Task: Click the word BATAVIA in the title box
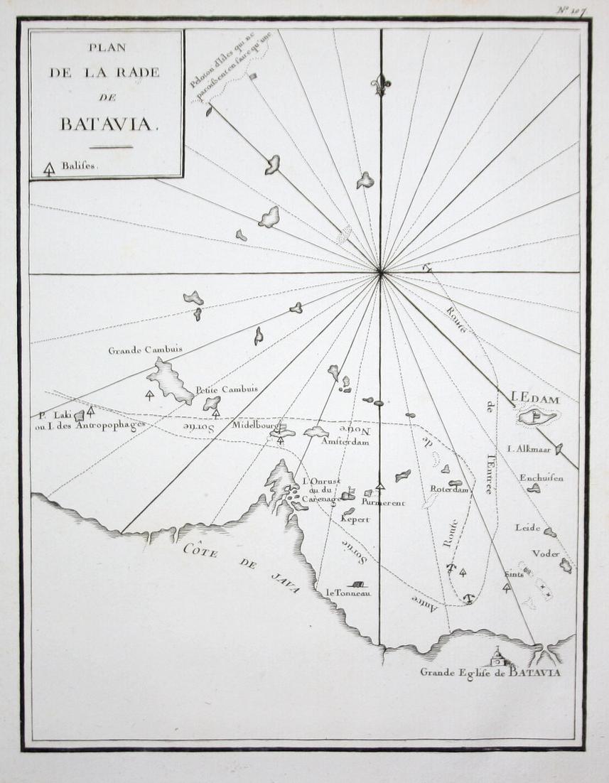click(x=107, y=124)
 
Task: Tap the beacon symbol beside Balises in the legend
click(x=49, y=169)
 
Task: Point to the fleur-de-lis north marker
click(x=381, y=85)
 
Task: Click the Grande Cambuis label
click(x=145, y=350)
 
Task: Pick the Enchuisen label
click(x=541, y=478)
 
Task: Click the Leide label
click(x=527, y=528)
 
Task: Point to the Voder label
click(x=546, y=553)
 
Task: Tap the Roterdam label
click(x=450, y=489)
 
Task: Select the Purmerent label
click(x=383, y=503)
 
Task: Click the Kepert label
click(x=355, y=519)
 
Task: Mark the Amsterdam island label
click(x=345, y=441)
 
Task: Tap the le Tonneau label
click(x=347, y=593)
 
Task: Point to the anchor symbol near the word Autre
click(x=468, y=598)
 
